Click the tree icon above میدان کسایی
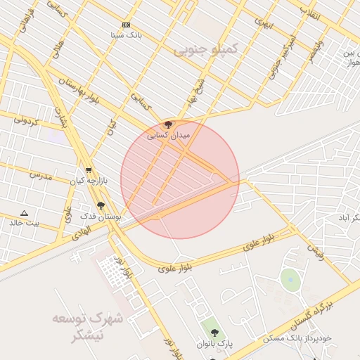(x=167, y=125)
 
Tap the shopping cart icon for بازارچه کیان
(x=89, y=170)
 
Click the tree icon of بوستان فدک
(x=101, y=206)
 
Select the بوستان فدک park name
(x=101, y=217)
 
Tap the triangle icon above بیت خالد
(x=25, y=212)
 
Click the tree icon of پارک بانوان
(x=214, y=333)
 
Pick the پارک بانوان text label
(x=214, y=343)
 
